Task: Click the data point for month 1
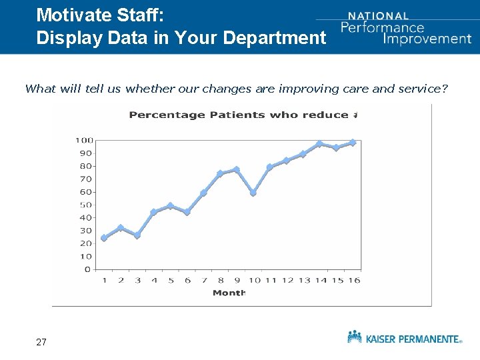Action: point(104,238)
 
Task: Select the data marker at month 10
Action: point(253,193)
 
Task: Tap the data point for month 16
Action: point(353,143)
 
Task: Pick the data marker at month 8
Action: point(220,173)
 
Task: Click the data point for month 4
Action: point(154,212)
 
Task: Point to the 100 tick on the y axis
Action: point(84,140)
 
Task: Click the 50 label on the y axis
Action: point(86,205)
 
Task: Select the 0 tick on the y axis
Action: point(88,269)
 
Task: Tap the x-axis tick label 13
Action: point(303,281)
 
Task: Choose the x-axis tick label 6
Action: point(187,281)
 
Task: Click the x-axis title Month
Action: point(229,293)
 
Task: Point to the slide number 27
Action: point(41,342)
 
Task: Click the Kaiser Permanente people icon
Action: point(355,337)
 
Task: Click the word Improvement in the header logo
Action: point(427,38)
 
